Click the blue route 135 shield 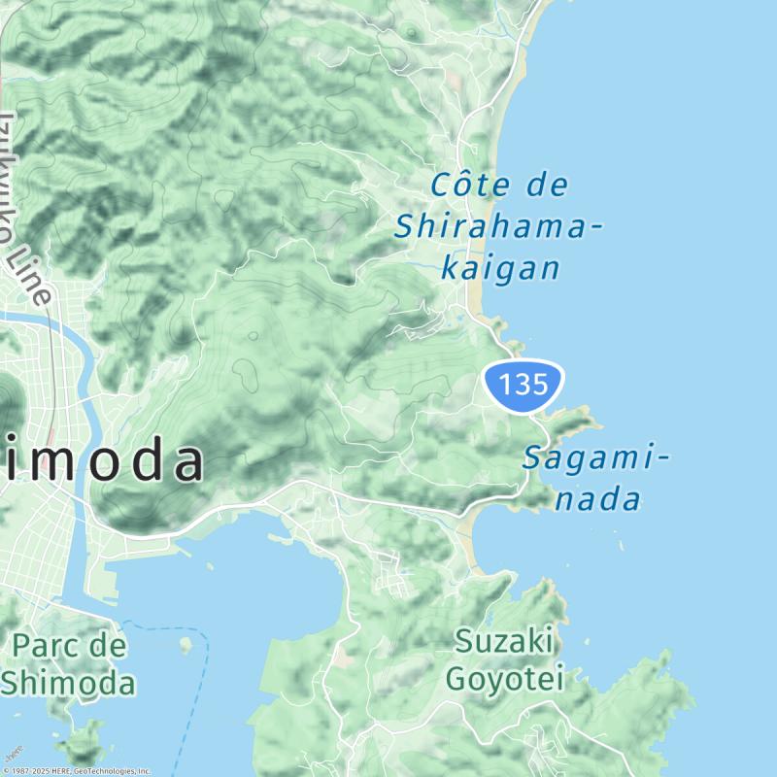[524, 384]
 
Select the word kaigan [500, 268]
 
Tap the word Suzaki [505, 641]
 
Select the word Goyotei [505, 678]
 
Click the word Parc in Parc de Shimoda [47, 646]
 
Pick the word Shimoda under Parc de [68, 683]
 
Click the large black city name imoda [102, 462]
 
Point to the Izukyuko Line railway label [21, 209]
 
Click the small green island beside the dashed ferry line [186, 644]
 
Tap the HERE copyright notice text [78, 771]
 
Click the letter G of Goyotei [456, 678]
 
